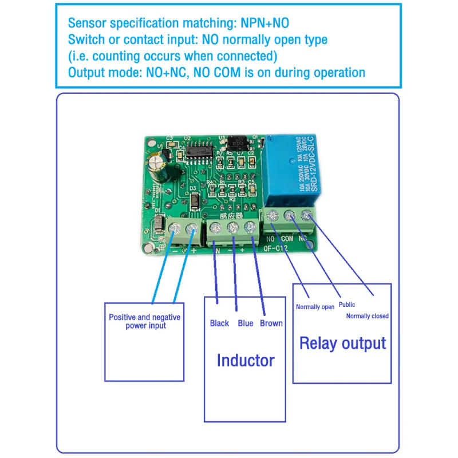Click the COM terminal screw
[x=289, y=216]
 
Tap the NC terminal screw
[x=307, y=215]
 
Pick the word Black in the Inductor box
[x=219, y=323]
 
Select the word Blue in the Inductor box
[x=245, y=323]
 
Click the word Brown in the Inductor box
[x=271, y=323]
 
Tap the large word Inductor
[x=245, y=360]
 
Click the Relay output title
[x=342, y=343]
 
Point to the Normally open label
[x=315, y=307]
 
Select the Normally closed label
[x=367, y=316]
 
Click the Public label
[x=347, y=305]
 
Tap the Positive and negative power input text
[x=144, y=321]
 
